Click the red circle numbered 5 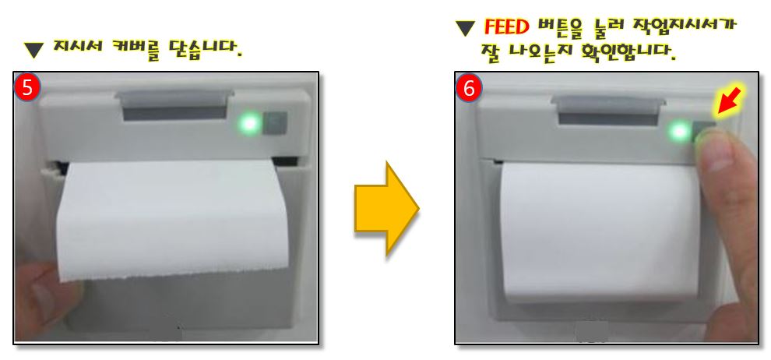click(28, 88)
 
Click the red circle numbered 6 click(469, 89)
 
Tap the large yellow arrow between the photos click(386, 209)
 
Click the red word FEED click(506, 26)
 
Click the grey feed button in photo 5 click(274, 123)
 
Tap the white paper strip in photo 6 click(600, 231)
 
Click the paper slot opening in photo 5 click(175, 111)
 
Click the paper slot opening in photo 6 click(607, 118)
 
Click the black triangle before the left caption click(34, 49)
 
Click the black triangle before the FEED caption click(465, 27)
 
